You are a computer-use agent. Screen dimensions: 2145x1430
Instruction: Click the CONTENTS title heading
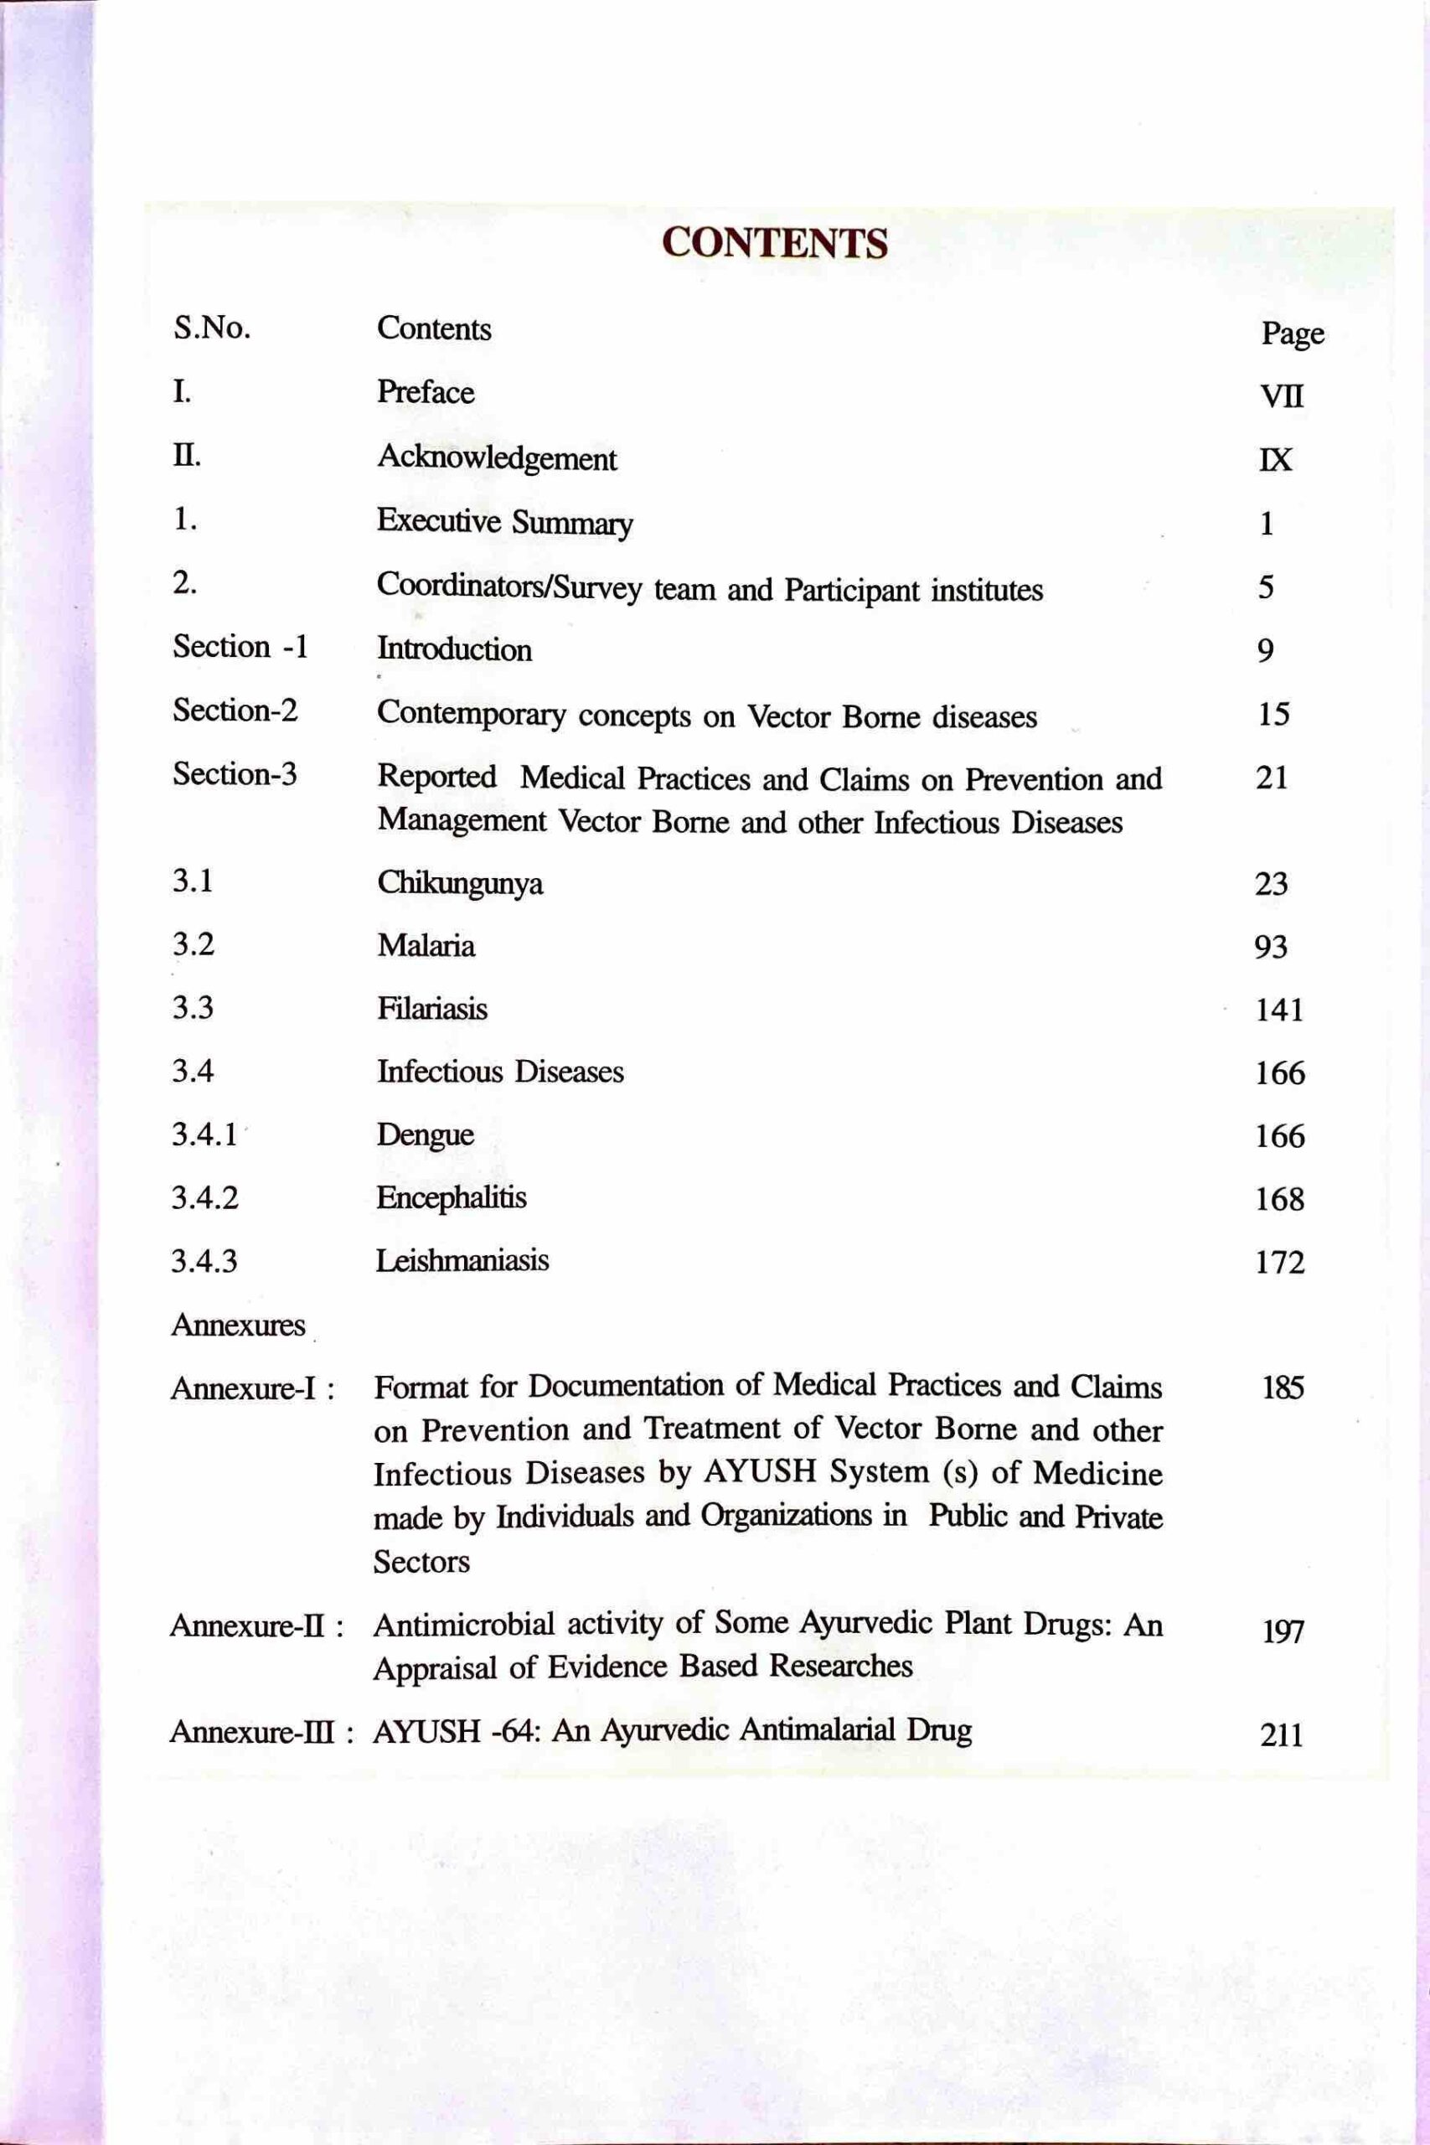[774, 244]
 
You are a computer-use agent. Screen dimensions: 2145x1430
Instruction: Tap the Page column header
[1292, 334]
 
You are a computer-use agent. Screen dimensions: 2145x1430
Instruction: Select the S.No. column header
[212, 328]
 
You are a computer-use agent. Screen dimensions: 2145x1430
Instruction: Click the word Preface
[425, 392]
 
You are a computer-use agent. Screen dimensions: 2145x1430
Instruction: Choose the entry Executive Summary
[504, 523]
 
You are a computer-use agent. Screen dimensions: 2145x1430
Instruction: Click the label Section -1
[240, 647]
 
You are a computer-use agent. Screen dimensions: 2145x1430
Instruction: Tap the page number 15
[1273, 714]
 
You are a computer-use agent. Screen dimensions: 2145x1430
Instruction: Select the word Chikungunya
[460, 883]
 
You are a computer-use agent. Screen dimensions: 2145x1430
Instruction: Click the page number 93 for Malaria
[1270, 947]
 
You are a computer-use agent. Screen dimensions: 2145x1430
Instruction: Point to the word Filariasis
[432, 1009]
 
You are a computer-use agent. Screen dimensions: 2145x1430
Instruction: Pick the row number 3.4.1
[204, 1135]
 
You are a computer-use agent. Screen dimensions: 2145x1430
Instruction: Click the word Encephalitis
[452, 1197]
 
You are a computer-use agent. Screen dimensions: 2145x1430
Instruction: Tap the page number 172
[1279, 1262]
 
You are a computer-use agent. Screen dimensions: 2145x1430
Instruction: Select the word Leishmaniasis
[462, 1260]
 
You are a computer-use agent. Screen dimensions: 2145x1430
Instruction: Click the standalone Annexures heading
[238, 1324]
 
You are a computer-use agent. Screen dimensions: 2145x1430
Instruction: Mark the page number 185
[1283, 1388]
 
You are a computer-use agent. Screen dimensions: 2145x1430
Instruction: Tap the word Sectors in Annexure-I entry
[421, 1561]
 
